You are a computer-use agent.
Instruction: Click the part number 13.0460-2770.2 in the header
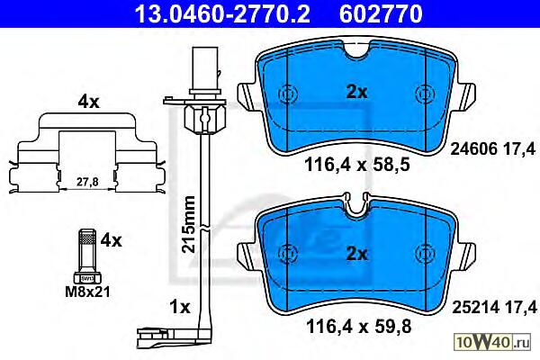(222, 13)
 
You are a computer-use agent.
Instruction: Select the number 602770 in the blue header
(381, 13)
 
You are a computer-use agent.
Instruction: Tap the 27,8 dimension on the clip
(87, 182)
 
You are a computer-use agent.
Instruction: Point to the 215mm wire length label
(188, 224)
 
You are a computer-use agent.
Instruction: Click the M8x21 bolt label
(88, 292)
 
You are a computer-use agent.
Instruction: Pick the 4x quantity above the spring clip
(88, 103)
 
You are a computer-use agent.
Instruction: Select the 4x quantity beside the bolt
(111, 240)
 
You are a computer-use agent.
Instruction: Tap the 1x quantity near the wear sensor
(180, 307)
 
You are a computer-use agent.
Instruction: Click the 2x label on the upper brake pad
(356, 92)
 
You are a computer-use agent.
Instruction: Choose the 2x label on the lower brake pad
(356, 254)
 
